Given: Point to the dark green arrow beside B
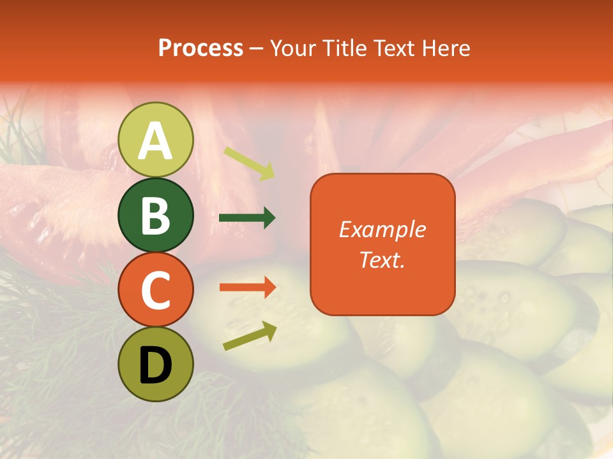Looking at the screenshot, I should (x=247, y=218).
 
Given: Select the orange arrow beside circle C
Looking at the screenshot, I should (x=248, y=288).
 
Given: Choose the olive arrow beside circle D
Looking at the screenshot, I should (x=250, y=336).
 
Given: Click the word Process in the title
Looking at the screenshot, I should (x=201, y=48).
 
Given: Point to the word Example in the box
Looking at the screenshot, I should (x=382, y=229).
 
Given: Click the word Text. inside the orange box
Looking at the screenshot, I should (x=382, y=259).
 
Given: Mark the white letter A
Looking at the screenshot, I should (x=155, y=141).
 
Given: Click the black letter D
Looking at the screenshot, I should (x=155, y=367).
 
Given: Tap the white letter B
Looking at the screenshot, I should (x=155, y=215).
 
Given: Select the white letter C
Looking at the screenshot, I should (x=155, y=291).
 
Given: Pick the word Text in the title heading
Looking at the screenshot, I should (x=394, y=48).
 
